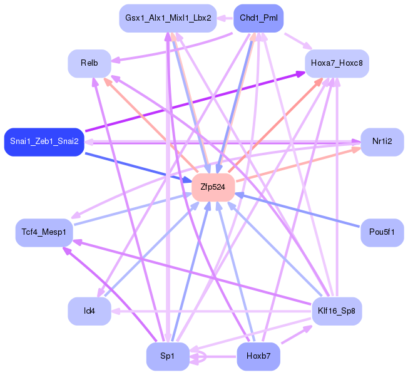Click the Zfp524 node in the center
point(213,187)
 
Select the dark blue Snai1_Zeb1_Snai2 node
point(44,141)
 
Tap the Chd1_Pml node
point(258,18)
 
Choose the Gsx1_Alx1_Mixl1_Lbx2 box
point(168,18)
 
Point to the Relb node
point(89,63)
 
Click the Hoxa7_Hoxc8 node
point(336,63)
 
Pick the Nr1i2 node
point(382,141)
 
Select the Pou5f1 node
point(382,232)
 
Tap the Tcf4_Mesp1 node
point(44,232)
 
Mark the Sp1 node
point(167,356)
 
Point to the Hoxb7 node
point(258,356)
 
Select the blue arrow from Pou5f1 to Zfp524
point(300,210)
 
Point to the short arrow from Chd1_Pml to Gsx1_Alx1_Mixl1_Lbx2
point(225,18)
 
